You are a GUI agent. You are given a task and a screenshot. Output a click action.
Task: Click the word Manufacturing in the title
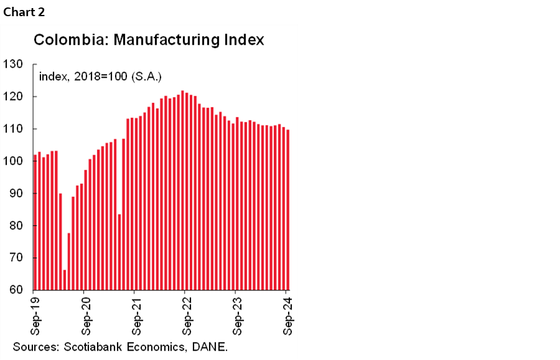pos(152,40)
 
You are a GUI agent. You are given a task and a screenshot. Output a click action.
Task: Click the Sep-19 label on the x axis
pos(35,314)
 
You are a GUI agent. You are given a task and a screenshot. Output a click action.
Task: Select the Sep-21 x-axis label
pos(136,314)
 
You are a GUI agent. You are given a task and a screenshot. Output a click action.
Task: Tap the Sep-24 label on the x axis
pos(288,314)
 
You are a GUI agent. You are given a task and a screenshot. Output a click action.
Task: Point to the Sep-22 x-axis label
pos(187,314)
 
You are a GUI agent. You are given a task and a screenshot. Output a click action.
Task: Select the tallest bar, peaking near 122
pos(182,190)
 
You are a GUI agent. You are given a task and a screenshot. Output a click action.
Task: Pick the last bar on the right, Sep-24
pos(287,210)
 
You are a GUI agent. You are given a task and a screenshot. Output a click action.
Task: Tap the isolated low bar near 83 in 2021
pos(119,252)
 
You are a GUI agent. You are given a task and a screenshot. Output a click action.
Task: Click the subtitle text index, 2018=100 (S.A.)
pos(100,77)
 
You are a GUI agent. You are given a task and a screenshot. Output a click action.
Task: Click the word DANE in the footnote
pos(209,346)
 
